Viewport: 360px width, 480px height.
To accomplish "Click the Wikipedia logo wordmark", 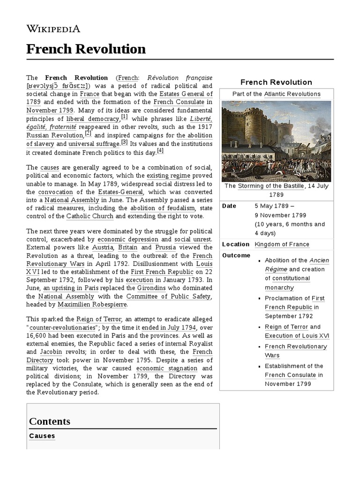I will click(53, 29).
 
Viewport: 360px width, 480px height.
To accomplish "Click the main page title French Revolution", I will click(86, 49).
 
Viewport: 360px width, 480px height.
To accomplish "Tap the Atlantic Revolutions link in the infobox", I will click(292, 94).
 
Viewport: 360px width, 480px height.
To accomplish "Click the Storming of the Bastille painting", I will click(276, 141).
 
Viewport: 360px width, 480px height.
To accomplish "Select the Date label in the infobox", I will click(229, 206).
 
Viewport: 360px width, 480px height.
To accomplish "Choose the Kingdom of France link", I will click(282, 244).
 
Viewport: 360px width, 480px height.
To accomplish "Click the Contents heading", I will click(50, 421).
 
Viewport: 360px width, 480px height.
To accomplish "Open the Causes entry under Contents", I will click(42, 436).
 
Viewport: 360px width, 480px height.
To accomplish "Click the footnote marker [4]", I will click(160, 150).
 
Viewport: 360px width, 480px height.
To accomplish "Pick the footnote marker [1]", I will click(124, 117).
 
